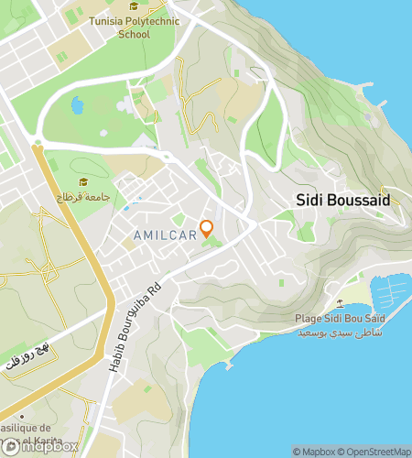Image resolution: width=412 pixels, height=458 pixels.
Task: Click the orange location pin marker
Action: click(x=207, y=227)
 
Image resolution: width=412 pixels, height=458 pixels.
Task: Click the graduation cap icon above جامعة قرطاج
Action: click(x=85, y=181)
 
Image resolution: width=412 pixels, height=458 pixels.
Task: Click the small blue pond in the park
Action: click(x=77, y=106)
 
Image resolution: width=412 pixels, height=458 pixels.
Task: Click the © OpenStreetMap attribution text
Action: click(x=374, y=451)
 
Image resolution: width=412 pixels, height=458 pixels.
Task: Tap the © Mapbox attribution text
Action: click(x=314, y=451)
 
